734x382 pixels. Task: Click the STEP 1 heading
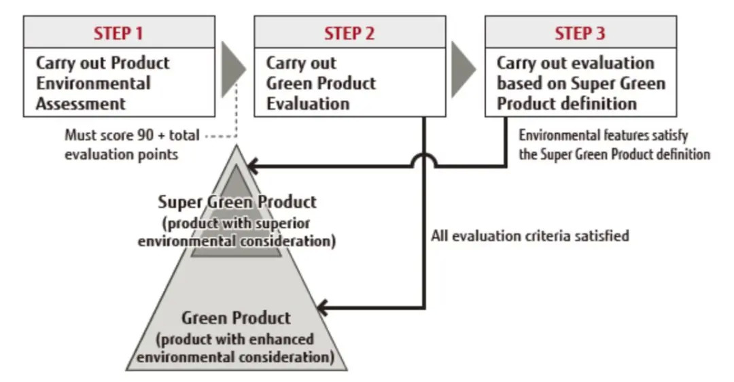[119, 33]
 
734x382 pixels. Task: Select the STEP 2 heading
[349, 33]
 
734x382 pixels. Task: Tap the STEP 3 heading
[580, 33]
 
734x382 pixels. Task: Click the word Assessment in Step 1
[81, 104]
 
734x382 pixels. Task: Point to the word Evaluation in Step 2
[308, 104]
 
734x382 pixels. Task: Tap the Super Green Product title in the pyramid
[237, 202]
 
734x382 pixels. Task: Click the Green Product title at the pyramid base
[236, 317]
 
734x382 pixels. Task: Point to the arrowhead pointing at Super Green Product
[253, 164]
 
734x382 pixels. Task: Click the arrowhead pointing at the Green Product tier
[324, 309]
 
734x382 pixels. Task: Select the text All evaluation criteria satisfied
[530, 236]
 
